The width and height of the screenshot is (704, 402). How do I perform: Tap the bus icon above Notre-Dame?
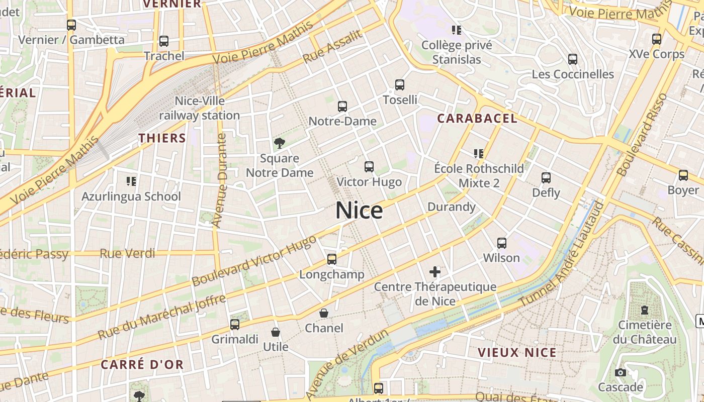(x=342, y=107)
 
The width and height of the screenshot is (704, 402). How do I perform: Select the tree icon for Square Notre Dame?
(x=279, y=143)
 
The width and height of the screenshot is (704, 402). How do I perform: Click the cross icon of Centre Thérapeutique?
(x=435, y=272)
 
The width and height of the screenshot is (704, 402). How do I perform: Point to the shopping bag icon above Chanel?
(x=324, y=313)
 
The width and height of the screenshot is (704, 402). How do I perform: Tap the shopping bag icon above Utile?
(x=276, y=332)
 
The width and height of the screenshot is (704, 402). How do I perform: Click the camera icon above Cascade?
(x=621, y=372)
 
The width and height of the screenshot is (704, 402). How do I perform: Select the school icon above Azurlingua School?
(x=131, y=181)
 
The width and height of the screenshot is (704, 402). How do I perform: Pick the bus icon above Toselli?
(x=400, y=85)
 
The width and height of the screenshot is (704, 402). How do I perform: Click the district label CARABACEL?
(x=477, y=119)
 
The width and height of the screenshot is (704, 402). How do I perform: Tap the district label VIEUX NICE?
(x=517, y=352)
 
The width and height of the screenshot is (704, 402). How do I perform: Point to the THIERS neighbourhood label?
(x=162, y=138)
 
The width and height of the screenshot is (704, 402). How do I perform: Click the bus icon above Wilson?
(x=501, y=243)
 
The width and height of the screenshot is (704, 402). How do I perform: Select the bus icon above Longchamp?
(x=332, y=259)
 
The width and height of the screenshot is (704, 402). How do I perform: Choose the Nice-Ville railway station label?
(x=200, y=108)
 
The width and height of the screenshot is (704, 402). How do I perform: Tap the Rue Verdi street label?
(x=127, y=253)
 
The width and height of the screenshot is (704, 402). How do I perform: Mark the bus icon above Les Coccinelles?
(x=573, y=59)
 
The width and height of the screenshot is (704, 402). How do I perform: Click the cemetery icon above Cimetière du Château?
(x=645, y=310)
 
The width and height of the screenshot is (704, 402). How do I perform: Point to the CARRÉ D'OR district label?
(x=142, y=365)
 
